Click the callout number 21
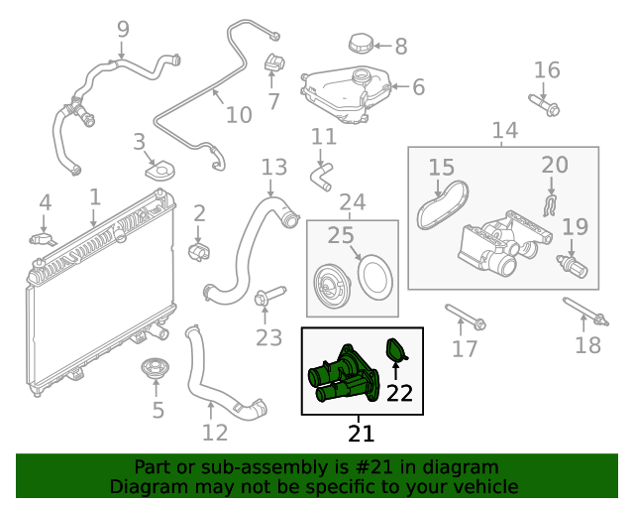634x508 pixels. click(x=362, y=434)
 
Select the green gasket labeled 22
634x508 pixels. click(x=397, y=350)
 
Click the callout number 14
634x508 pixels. click(x=504, y=130)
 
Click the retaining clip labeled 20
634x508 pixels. click(x=551, y=202)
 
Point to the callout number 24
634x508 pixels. click(x=353, y=203)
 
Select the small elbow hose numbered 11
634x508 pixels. click(x=322, y=177)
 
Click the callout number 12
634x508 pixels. click(x=215, y=433)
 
